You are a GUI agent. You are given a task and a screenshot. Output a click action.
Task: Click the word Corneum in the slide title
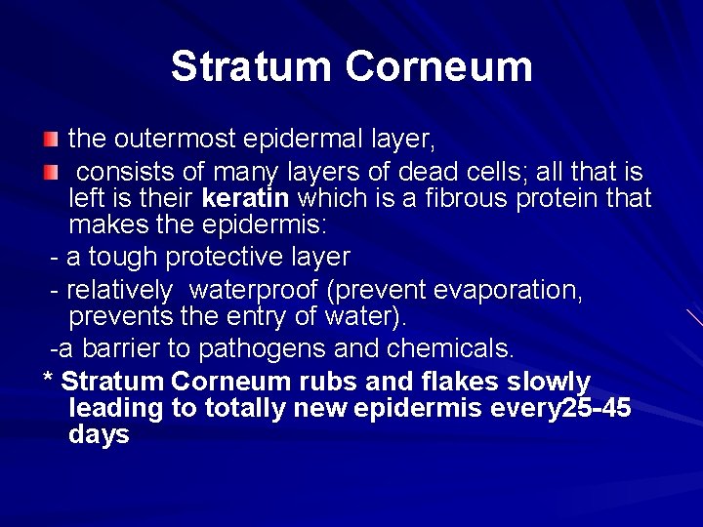[x=438, y=66]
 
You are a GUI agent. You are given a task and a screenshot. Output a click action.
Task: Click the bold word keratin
[x=245, y=200]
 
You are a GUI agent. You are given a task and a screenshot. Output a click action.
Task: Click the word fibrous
[x=462, y=200]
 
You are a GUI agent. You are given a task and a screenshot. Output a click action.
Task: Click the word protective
[x=228, y=257]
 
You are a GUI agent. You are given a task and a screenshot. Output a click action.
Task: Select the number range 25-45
[x=596, y=408]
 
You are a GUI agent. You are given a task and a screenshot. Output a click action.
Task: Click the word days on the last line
[x=99, y=434]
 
